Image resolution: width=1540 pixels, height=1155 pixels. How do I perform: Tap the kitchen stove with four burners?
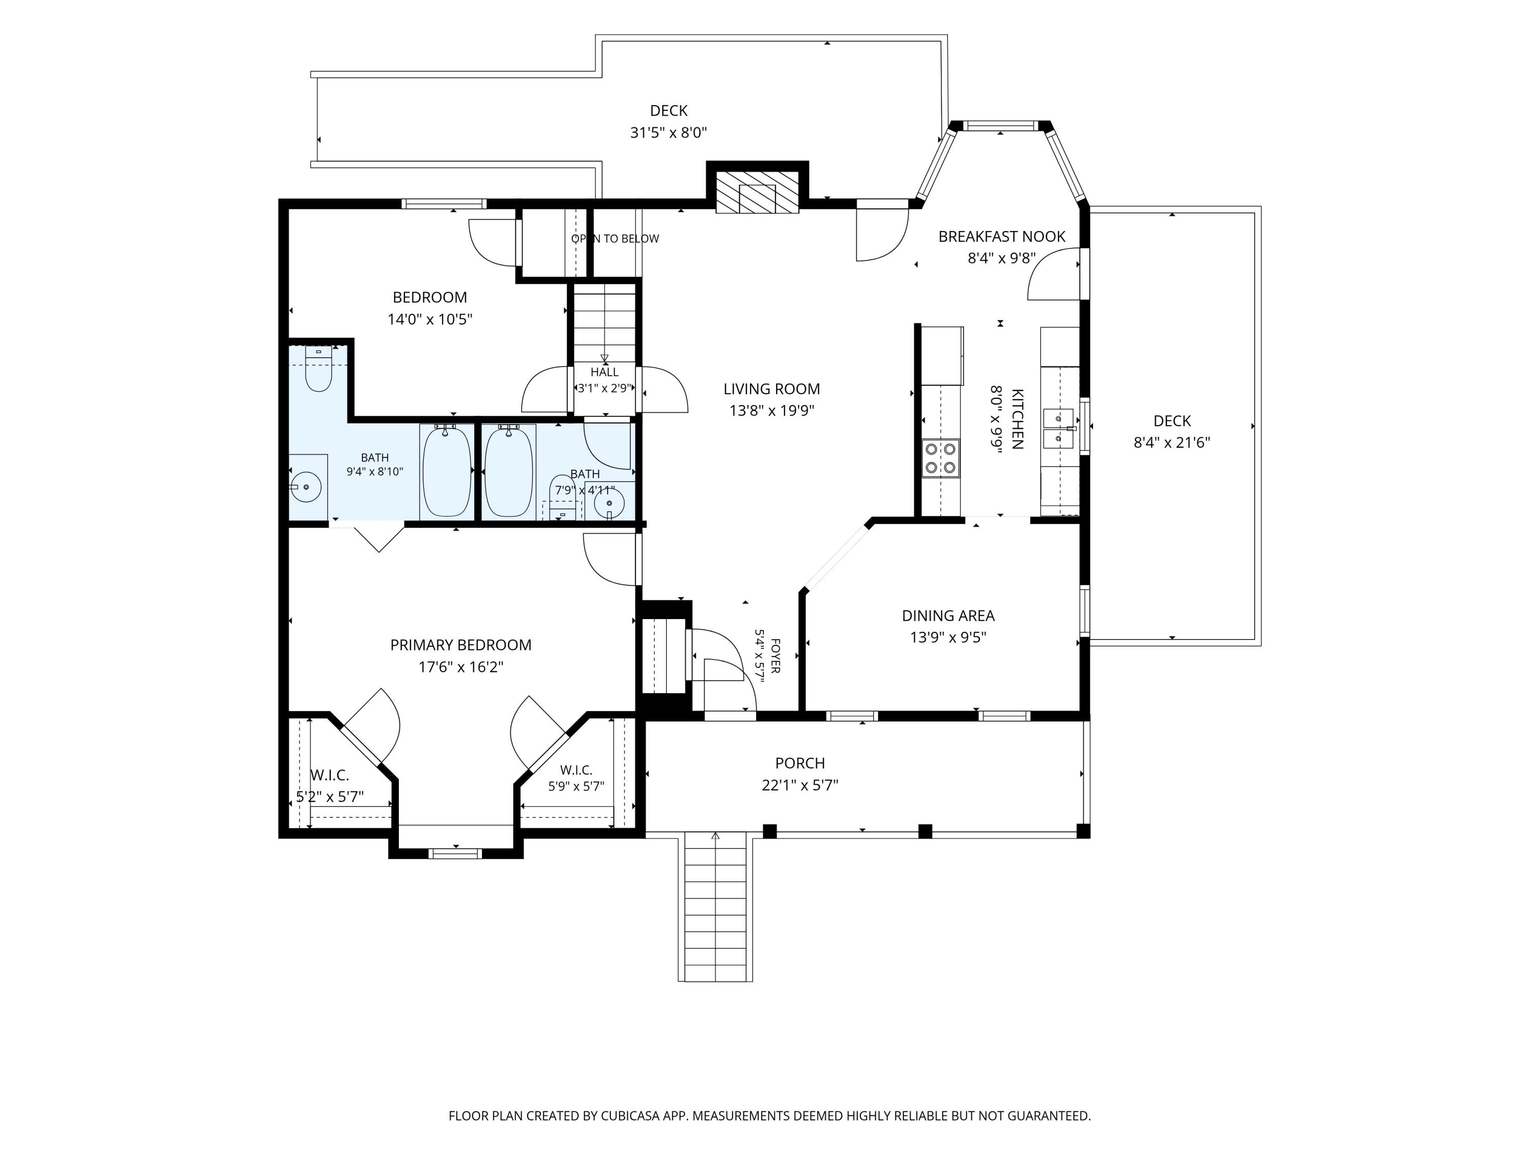[x=940, y=458]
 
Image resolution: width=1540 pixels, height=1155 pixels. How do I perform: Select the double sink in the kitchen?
[x=1060, y=428]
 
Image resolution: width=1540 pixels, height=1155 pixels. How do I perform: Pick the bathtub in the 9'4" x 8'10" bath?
[x=446, y=471]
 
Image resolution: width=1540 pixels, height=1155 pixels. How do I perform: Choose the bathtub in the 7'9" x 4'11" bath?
[x=509, y=471]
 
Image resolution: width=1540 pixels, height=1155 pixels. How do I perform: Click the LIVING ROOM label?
[x=772, y=389]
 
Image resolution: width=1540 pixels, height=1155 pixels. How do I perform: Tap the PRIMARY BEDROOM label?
[x=461, y=645]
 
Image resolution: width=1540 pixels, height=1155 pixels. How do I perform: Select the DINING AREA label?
[x=948, y=615]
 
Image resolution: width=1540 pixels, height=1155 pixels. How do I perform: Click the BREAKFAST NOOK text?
[x=1002, y=237]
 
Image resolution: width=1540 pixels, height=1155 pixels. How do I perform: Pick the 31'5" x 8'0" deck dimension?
[x=668, y=132]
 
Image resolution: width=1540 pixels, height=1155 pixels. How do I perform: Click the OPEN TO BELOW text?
[x=615, y=239]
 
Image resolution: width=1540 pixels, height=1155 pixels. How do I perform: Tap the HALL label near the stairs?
[x=604, y=373]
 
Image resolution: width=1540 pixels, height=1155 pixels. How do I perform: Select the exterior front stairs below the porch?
[x=716, y=907]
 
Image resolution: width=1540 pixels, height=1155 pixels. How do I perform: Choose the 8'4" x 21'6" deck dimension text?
[x=1172, y=442]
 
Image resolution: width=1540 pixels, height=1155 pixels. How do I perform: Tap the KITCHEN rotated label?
[x=1017, y=419]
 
